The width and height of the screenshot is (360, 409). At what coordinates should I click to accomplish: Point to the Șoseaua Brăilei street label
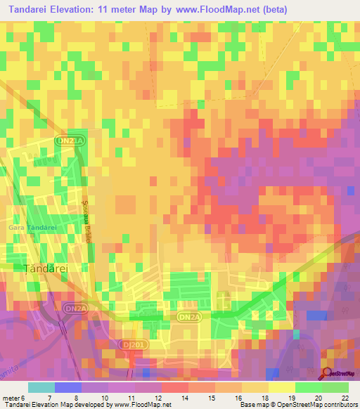coord(89,219)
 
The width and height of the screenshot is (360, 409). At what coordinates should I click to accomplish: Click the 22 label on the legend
coord(344,398)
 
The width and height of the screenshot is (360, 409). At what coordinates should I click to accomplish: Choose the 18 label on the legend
coord(264,398)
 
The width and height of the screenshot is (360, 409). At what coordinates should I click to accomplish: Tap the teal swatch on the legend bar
coord(41,387)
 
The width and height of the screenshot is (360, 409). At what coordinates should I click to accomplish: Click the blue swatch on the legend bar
coord(68,387)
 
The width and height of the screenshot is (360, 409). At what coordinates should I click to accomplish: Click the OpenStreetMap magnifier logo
coord(328,372)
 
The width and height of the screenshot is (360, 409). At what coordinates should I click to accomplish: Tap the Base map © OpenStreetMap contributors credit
coord(298,405)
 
